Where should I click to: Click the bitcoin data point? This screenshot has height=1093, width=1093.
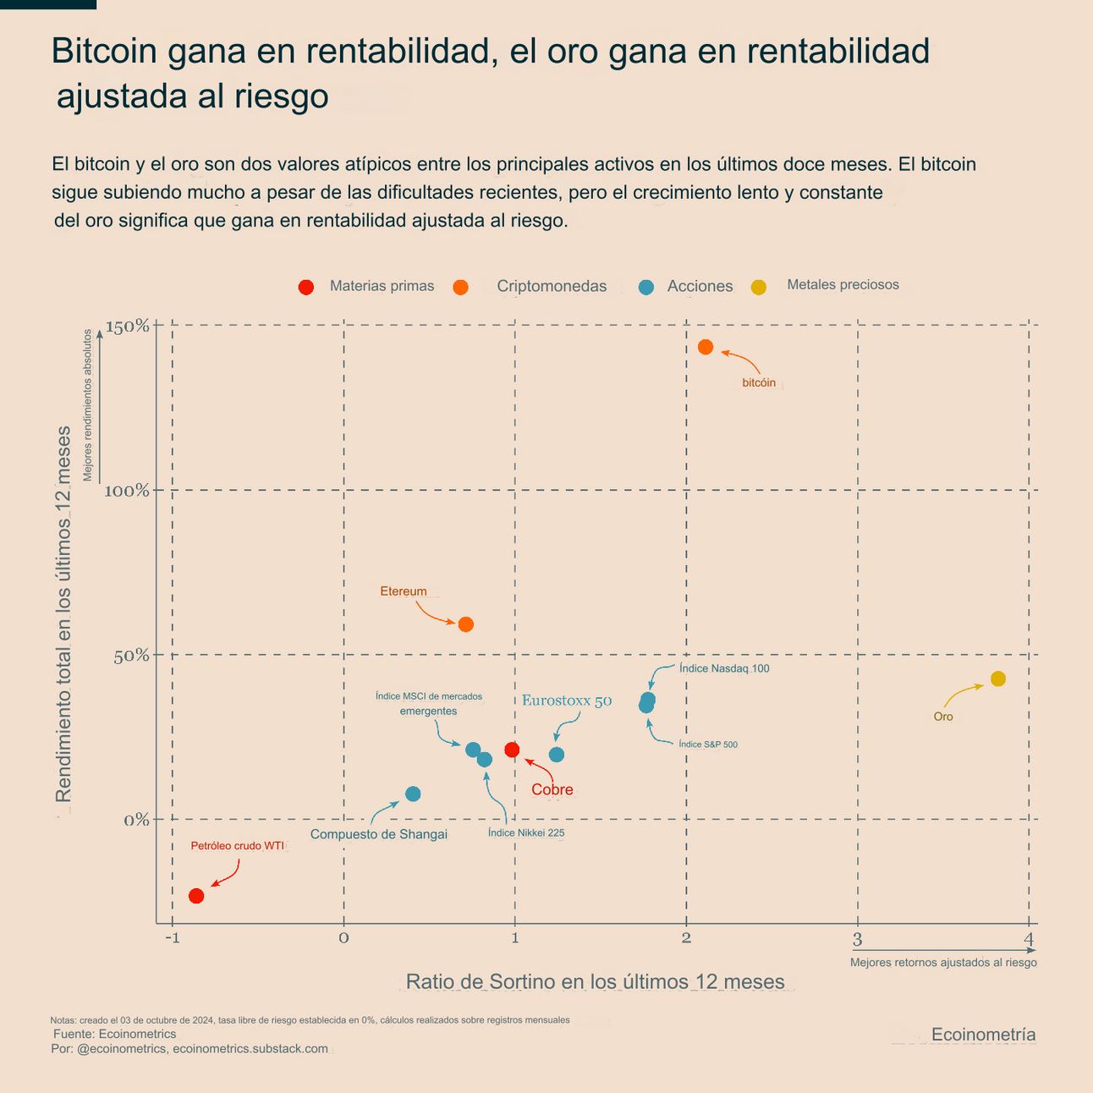pos(706,347)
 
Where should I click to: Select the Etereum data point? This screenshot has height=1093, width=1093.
pos(465,624)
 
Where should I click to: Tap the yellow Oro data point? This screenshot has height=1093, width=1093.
pos(998,678)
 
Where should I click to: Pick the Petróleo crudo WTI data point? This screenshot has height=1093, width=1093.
pos(196,896)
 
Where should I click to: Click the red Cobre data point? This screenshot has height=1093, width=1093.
pos(512,750)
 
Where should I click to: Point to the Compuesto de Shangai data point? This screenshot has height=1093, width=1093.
pos(413,794)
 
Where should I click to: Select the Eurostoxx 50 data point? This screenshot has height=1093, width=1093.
pos(557,755)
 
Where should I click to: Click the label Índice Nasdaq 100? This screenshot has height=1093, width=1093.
pos(724,668)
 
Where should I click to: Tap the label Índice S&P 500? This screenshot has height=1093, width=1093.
pos(708,744)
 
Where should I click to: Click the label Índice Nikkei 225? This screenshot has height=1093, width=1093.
pos(526,832)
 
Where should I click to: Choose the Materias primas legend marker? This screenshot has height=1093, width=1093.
pos(306,287)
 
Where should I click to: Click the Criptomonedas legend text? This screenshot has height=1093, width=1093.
pos(552,286)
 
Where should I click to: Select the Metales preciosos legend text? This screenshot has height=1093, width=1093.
pos(843,285)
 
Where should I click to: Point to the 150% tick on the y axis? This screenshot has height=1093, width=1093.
pos(127,327)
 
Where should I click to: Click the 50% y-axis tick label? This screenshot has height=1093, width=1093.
pos(131,656)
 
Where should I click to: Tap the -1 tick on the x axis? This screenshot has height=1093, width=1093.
pos(172,937)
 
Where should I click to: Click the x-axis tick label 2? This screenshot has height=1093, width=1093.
pos(686,937)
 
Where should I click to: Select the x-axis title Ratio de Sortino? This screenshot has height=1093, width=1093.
pos(596,981)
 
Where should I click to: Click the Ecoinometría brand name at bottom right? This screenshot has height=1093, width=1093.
pos(983,1035)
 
